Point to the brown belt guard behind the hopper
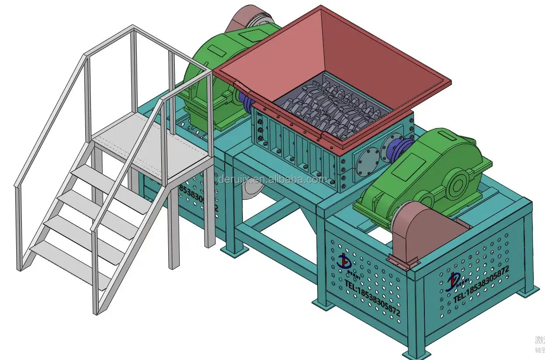pyautogui.click(x=249, y=17)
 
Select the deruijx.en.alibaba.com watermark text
pyautogui.click(x=271, y=180)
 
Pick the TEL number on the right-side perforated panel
pyautogui.click(x=481, y=284)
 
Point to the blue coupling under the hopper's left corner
pyautogui.click(x=247, y=103)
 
